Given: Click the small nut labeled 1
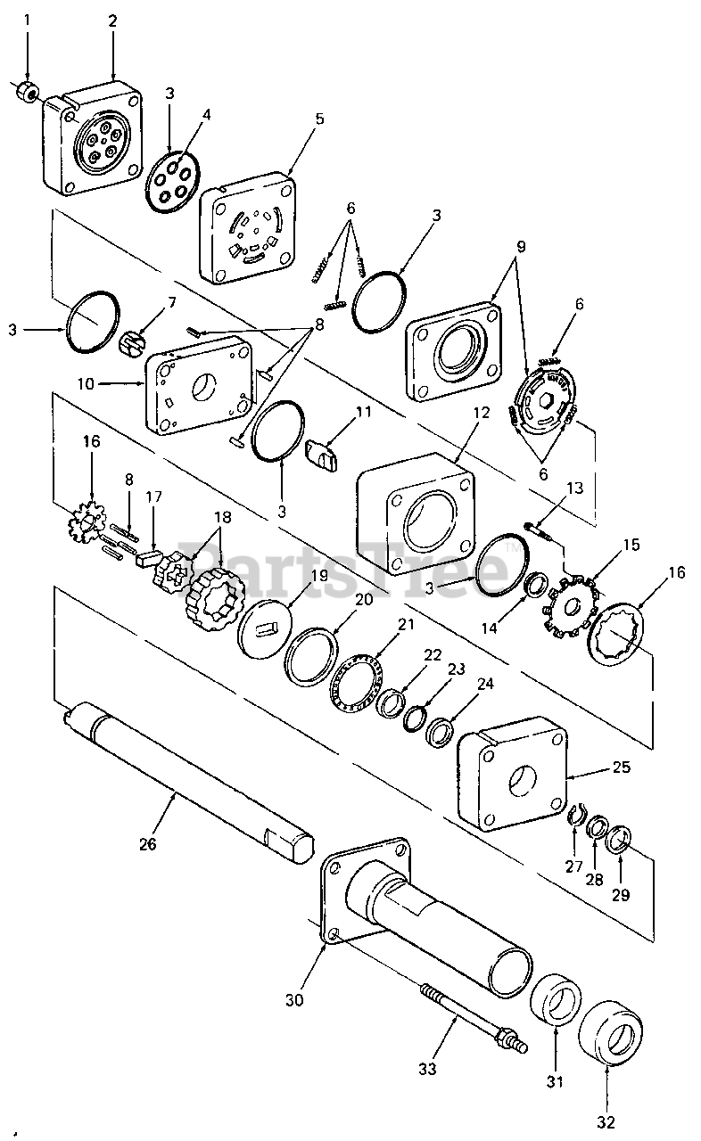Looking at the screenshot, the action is coord(25,92).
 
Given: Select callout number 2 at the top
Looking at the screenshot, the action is coord(112,21).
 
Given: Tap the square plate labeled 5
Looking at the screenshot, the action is coord(248,227).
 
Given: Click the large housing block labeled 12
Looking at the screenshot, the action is coord(416,514).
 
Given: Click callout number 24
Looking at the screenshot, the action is coord(485,683).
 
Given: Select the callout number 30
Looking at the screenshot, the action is coord(294,999).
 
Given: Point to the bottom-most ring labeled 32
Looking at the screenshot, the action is coord(610,1030).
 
